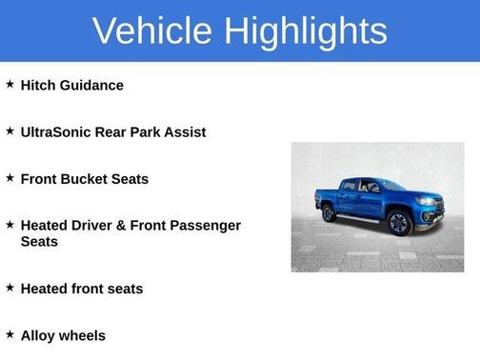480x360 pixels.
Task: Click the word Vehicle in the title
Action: pyautogui.click(x=153, y=30)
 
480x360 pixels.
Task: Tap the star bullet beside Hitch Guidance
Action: pyautogui.click(x=10, y=85)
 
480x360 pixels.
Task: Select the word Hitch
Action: pyautogui.click(x=39, y=85)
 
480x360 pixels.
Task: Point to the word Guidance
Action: pyautogui.click(x=92, y=85)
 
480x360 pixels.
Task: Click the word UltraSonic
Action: pyautogui.click(x=55, y=131)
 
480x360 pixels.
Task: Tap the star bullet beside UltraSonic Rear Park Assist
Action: pyautogui.click(x=10, y=131)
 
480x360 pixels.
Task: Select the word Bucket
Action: pyautogui.click(x=86, y=178)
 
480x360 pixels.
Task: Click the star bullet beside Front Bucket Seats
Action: pyautogui.click(x=10, y=178)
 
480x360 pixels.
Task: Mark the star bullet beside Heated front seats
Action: pyautogui.click(x=10, y=288)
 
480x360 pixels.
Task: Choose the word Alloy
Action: pyautogui.click(x=38, y=335)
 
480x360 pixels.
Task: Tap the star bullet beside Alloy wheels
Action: pyautogui.click(x=10, y=335)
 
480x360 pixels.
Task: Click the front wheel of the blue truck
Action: pyautogui.click(x=399, y=223)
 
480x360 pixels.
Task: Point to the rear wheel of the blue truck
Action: pyautogui.click(x=329, y=212)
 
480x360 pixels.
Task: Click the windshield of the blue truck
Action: pyautogui.click(x=390, y=185)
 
